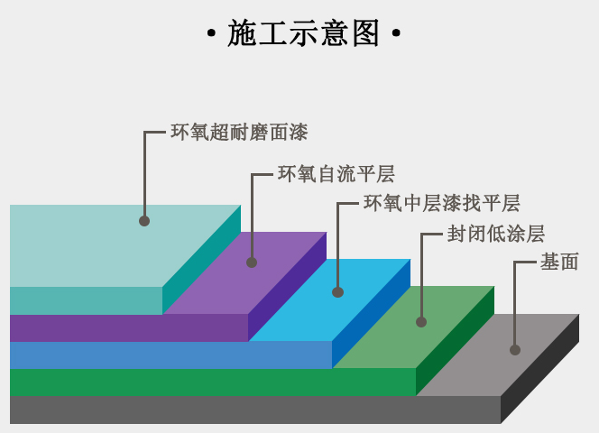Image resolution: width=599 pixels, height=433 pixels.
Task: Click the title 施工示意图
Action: (303, 33)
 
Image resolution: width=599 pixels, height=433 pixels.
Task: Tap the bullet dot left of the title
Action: (211, 33)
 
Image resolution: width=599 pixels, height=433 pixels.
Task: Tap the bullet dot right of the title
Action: (396, 33)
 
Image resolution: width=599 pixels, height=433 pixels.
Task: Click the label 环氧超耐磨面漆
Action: (239, 133)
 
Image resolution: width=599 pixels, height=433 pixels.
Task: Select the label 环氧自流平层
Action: (336, 174)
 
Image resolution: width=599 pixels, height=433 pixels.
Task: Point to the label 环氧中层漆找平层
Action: (442, 203)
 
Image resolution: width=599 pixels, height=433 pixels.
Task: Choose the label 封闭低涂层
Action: (496, 234)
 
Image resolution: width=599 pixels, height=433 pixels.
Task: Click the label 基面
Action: (559, 263)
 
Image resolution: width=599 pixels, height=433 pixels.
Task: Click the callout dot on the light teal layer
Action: (144, 221)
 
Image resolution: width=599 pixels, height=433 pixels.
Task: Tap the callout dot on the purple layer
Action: (252, 263)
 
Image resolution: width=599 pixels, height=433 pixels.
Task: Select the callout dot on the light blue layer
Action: (337, 292)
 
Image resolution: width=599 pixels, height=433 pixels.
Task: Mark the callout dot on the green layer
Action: (421, 322)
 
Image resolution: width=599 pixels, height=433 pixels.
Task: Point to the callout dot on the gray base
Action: (515, 350)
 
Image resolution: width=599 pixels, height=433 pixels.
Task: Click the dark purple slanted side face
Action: (287, 287)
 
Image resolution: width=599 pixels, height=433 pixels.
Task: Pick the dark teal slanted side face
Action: (202, 260)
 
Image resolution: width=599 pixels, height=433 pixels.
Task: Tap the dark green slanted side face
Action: (455, 341)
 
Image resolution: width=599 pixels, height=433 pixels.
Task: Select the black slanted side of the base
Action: (539, 369)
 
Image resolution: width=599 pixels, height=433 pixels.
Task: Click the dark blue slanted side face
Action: (372, 314)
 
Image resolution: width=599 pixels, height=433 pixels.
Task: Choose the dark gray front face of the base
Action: (255, 410)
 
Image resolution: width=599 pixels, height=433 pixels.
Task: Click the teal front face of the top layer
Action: (86, 300)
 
